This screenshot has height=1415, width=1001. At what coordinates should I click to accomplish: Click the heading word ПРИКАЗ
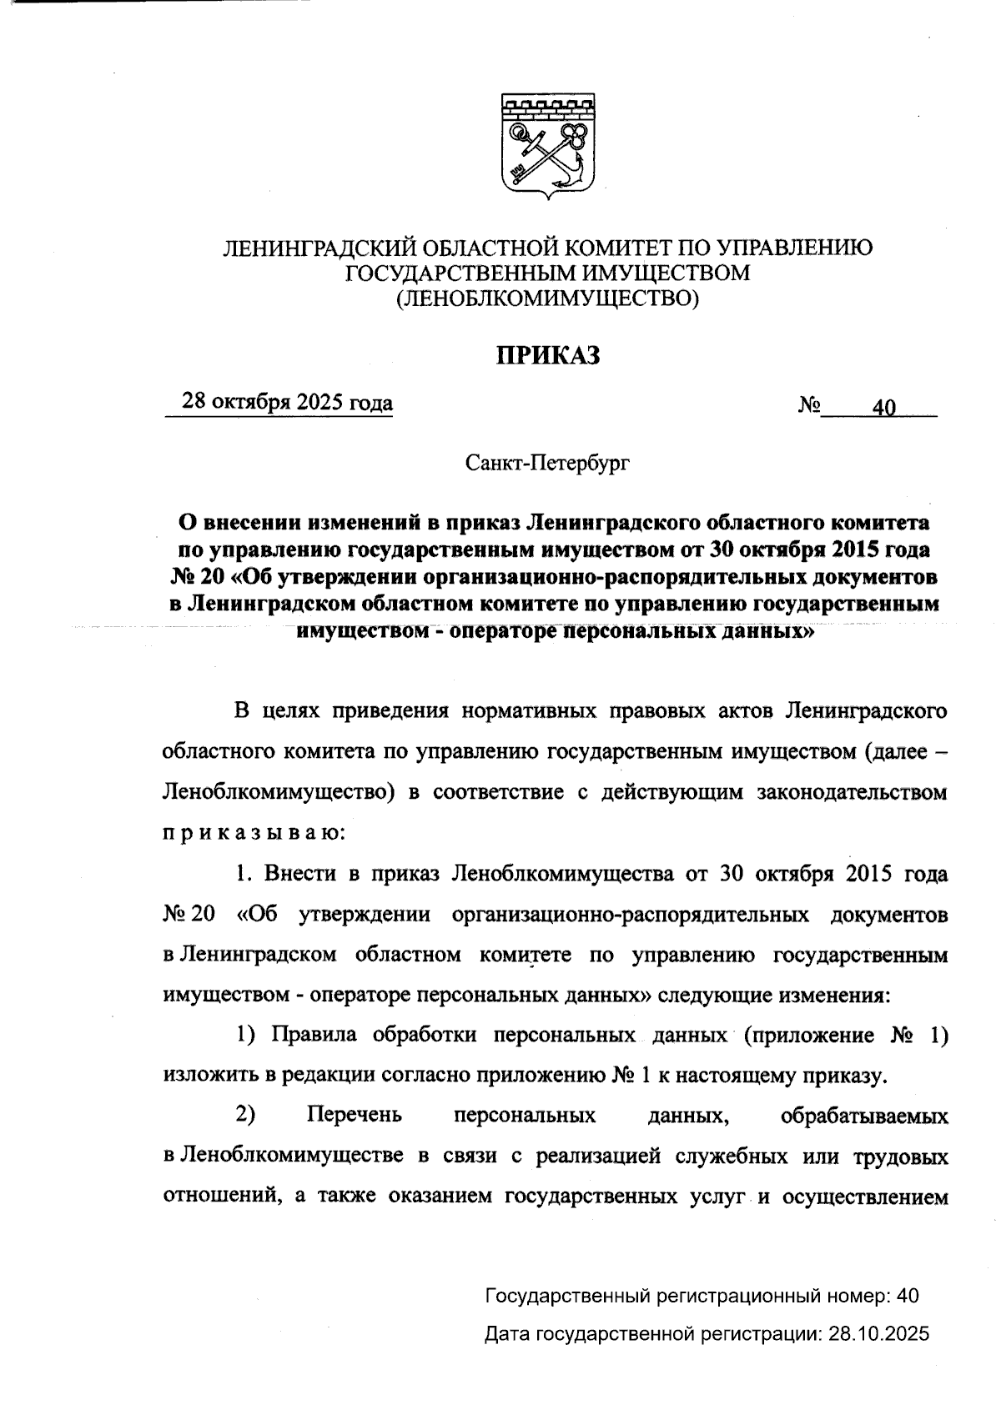(x=548, y=356)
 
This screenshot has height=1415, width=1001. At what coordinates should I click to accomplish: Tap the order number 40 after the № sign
(x=883, y=408)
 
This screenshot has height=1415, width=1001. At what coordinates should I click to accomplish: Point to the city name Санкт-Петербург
(x=547, y=462)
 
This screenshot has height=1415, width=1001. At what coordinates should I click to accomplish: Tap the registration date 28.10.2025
(x=878, y=1334)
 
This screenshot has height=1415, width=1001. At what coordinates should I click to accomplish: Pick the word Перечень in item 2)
(x=355, y=1115)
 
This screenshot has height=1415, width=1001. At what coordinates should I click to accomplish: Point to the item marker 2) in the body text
(x=245, y=1115)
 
